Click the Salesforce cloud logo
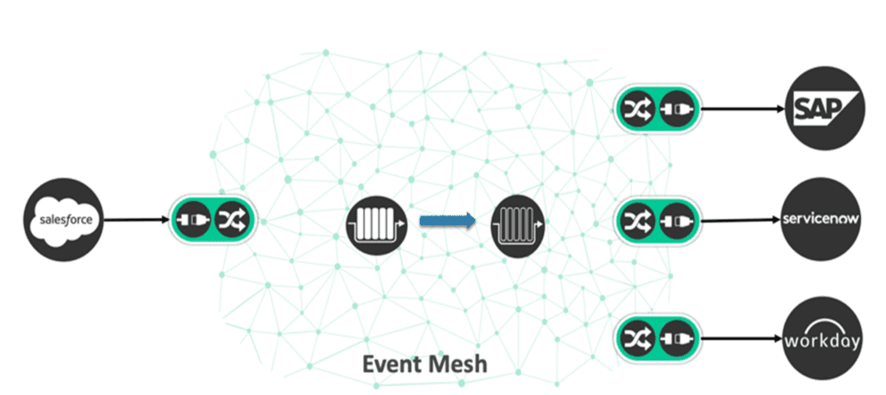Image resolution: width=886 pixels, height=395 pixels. [x=63, y=219]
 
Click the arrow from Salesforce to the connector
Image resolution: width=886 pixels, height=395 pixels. [x=134, y=219]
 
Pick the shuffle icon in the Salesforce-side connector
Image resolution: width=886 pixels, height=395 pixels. [x=232, y=219]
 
